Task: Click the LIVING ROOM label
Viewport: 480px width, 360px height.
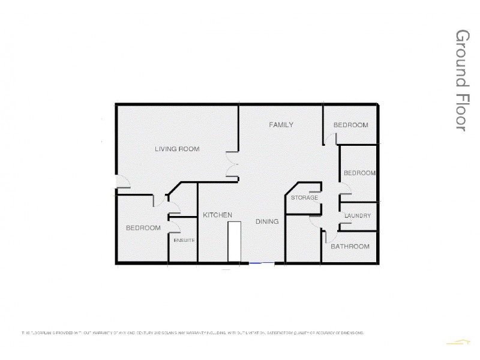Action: pyautogui.click(x=177, y=149)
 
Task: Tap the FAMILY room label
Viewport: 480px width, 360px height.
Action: pyautogui.click(x=281, y=125)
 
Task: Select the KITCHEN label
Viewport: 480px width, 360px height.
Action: pyautogui.click(x=217, y=215)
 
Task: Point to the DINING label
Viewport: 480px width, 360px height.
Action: pyautogui.click(x=267, y=221)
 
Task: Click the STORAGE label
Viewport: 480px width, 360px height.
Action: pyautogui.click(x=304, y=198)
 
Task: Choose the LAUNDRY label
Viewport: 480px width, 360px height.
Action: pyautogui.click(x=358, y=216)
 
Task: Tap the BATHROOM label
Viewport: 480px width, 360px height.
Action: pyautogui.click(x=350, y=247)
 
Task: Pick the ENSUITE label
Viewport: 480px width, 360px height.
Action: pyautogui.click(x=184, y=240)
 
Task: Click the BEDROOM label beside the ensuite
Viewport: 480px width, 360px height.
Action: pyautogui.click(x=143, y=228)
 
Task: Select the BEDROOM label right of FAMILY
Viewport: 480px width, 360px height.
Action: pyautogui.click(x=350, y=125)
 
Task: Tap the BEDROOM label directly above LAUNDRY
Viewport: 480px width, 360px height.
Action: pyautogui.click(x=359, y=173)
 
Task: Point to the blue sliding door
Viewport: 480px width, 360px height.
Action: pyautogui.click(x=262, y=263)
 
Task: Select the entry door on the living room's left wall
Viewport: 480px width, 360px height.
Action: pyautogui.click(x=121, y=182)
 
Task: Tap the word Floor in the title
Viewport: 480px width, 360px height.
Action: pyautogui.click(x=461, y=111)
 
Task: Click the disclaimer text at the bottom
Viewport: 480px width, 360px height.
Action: pyautogui.click(x=192, y=332)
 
